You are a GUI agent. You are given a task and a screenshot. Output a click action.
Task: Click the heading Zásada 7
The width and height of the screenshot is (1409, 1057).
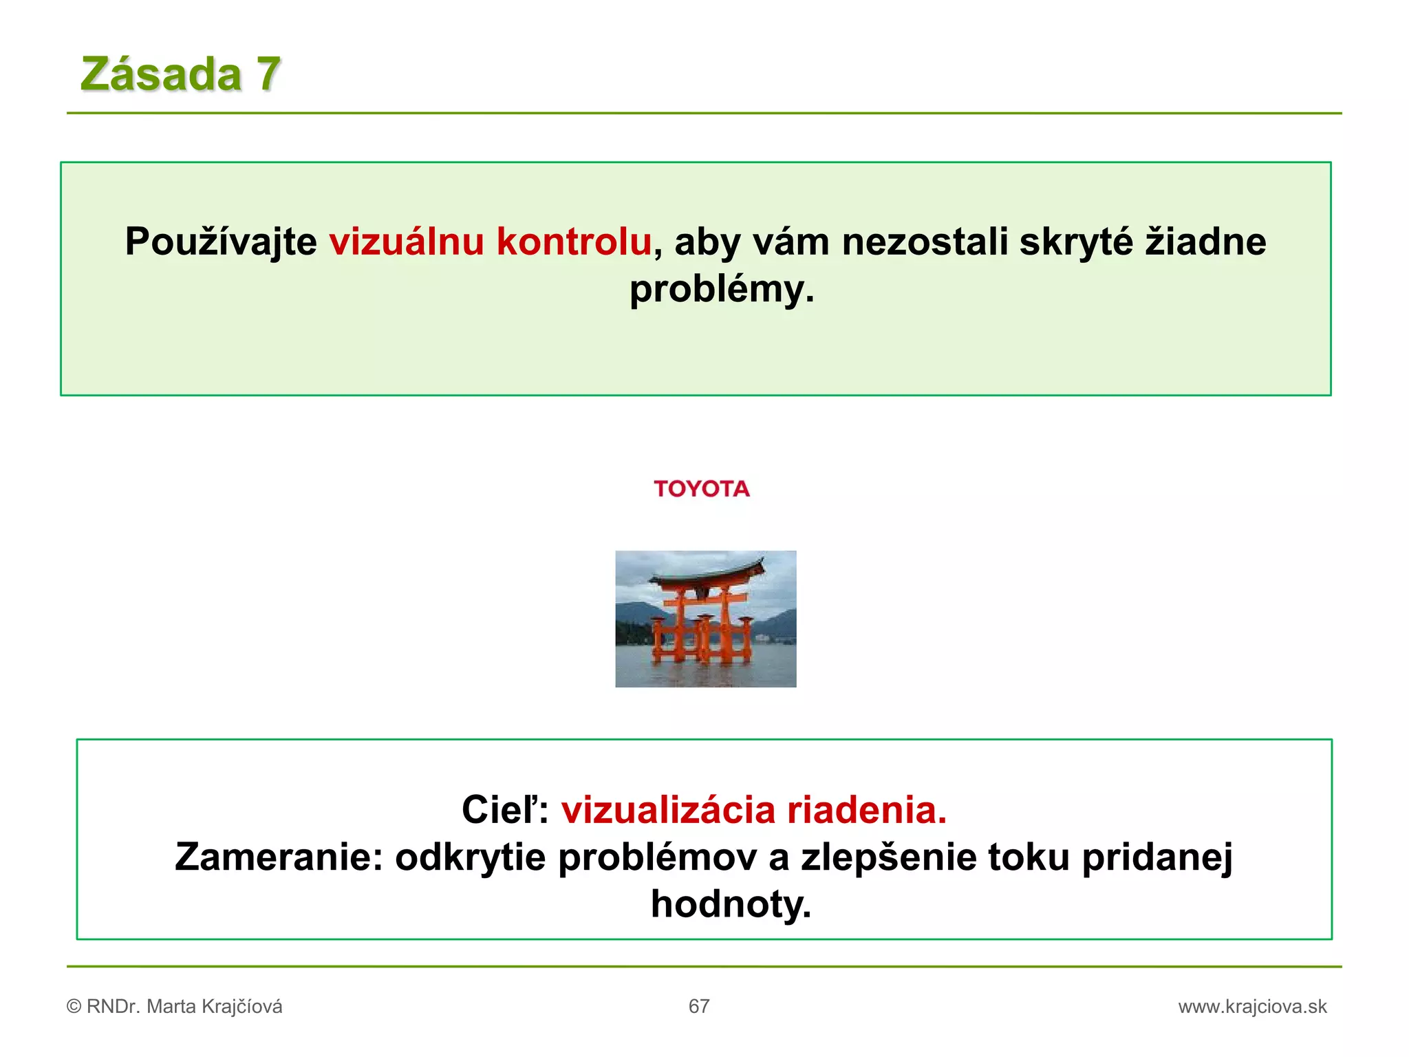180,74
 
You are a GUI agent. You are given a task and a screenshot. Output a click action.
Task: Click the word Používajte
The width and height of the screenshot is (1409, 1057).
220,242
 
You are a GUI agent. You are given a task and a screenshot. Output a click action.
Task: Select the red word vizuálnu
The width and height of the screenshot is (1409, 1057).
407,242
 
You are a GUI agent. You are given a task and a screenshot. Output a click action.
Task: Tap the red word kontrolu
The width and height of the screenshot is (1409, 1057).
574,242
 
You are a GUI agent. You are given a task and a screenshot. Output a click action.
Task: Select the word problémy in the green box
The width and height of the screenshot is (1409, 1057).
721,289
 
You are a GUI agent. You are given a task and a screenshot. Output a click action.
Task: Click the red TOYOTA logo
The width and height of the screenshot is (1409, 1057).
702,489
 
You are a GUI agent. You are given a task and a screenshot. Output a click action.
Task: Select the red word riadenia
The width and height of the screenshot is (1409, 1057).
867,810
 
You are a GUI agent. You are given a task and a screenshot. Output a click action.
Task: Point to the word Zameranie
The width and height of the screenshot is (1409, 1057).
278,857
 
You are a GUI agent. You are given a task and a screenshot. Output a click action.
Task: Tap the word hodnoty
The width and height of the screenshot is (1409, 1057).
731,904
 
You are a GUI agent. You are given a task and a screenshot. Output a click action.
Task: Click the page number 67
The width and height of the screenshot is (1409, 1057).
699,1007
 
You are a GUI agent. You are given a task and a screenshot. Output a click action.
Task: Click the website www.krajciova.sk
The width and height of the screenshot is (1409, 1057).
1252,1007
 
